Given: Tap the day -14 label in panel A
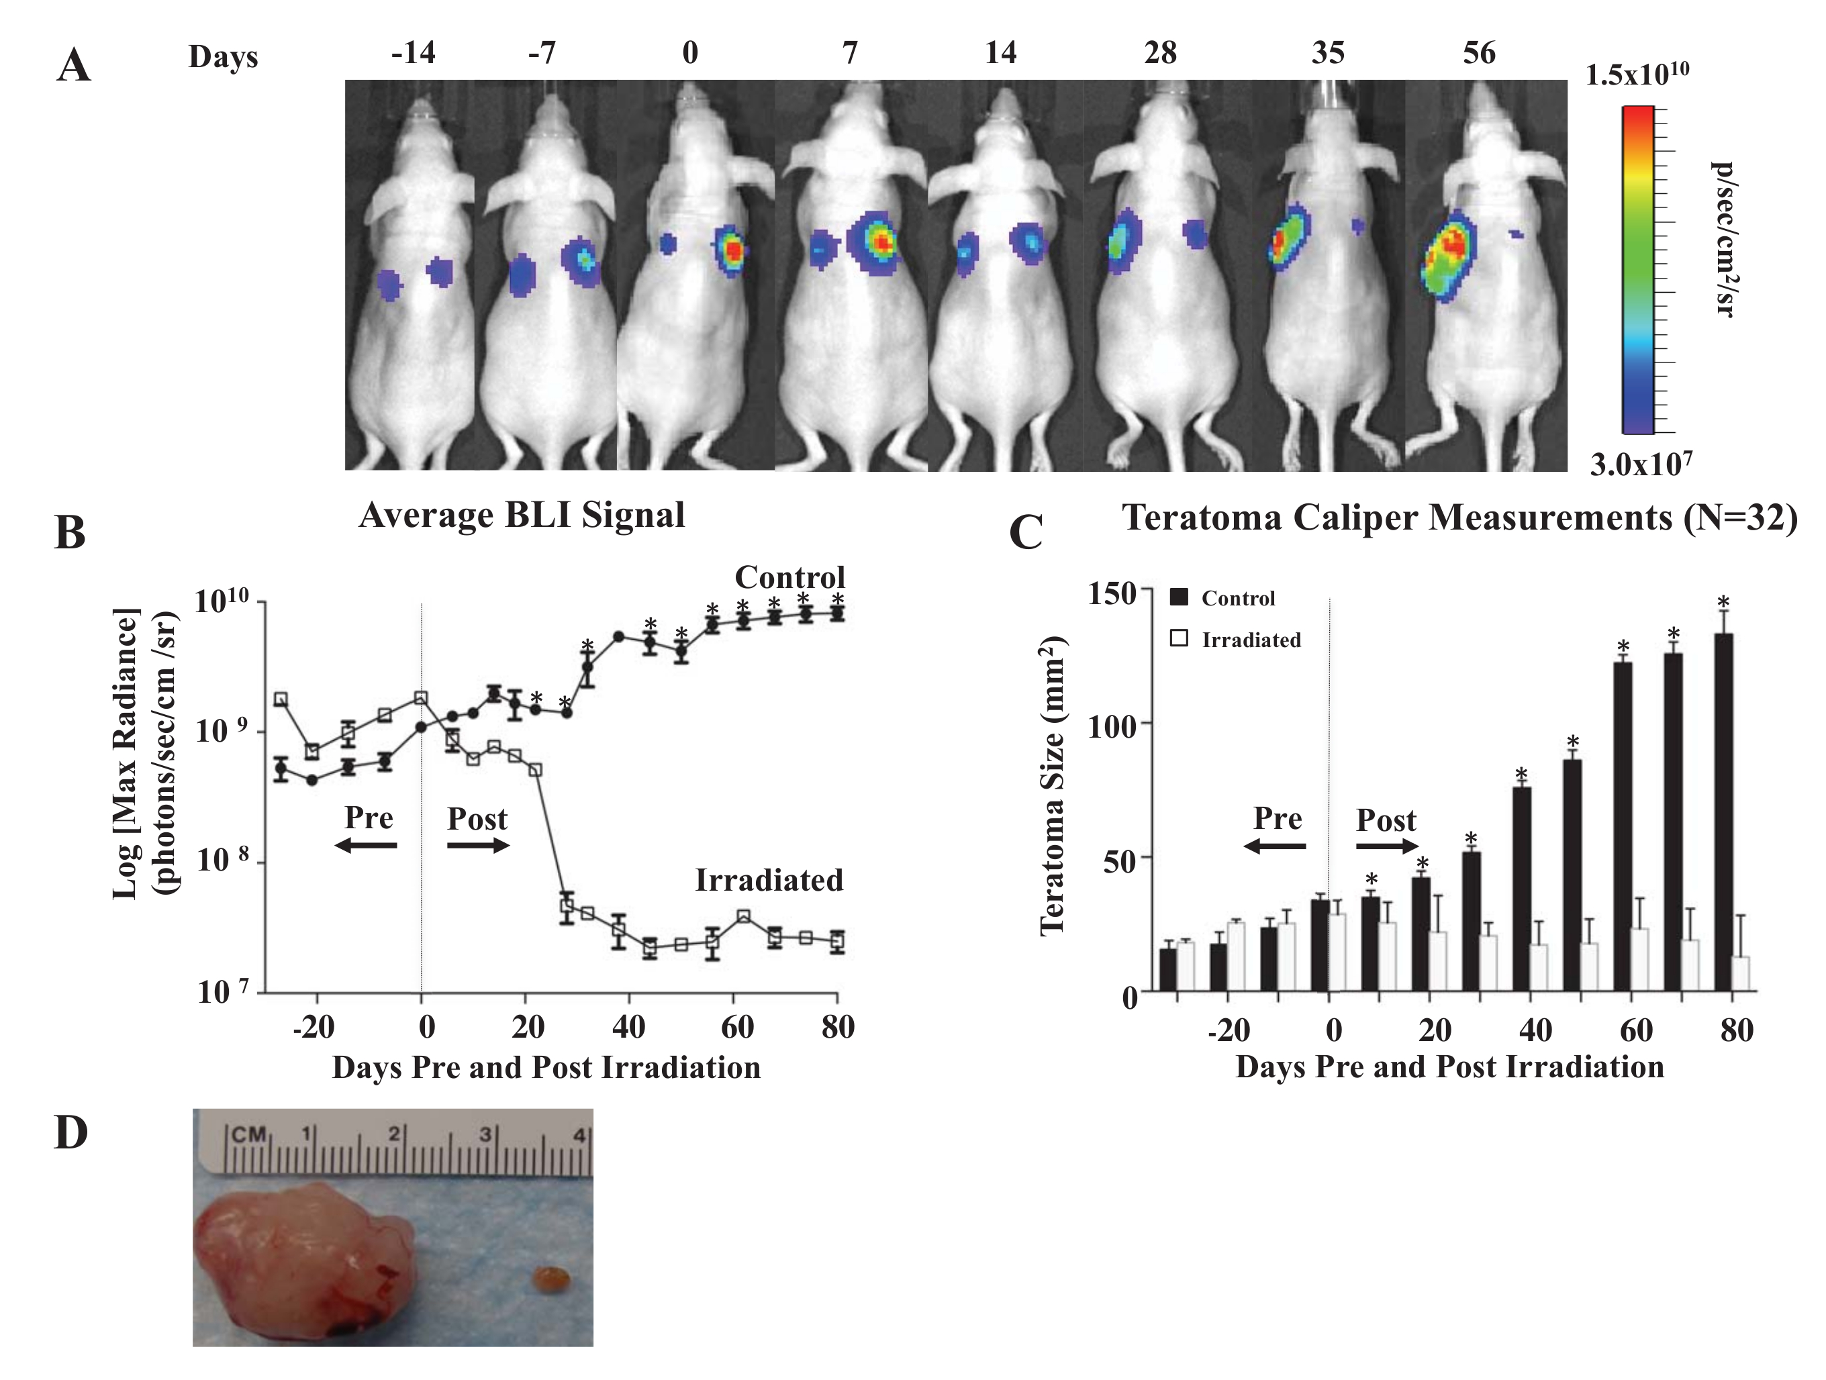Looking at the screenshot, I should tap(413, 54).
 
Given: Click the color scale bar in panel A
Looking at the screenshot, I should tap(1638, 269).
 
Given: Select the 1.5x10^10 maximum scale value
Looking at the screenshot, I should tap(1637, 75).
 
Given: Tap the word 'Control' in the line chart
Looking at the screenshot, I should tap(790, 577).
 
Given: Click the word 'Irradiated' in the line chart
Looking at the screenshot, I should tap(769, 881).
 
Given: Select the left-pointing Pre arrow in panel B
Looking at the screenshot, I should tap(366, 845).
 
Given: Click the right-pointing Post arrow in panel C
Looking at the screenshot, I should tap(1387, 846).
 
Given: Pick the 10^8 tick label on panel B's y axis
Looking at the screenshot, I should tap(223, 861).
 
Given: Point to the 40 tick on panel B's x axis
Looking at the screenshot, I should tap(629, 1028).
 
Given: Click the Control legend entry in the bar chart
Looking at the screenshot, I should tap(1222, 599).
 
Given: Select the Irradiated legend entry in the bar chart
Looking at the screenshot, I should tap(1235, 640).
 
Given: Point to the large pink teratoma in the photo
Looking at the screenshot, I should tap(304, 1256).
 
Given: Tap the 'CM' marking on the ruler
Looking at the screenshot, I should tap(248, 1135).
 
